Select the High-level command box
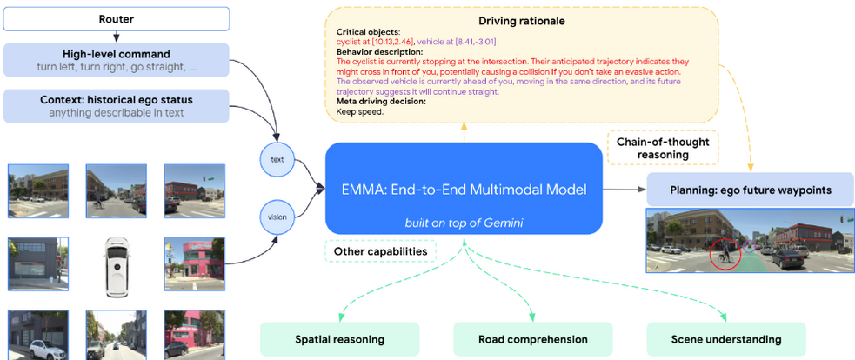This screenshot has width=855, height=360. [117, 59]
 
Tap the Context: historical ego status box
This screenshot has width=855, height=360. [117, 105]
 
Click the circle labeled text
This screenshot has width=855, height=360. [277, 159]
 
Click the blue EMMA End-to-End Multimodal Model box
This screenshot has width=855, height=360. [464, 189]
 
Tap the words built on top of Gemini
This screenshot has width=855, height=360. [463, 223]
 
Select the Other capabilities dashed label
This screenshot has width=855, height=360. [379, 251]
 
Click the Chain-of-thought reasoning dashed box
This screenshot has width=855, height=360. [663, 148]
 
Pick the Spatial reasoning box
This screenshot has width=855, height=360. [339, 339]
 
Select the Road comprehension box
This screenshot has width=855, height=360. [532, 339]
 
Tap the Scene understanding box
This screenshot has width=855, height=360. [725, 339]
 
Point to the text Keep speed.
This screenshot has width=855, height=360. [358, 110]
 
